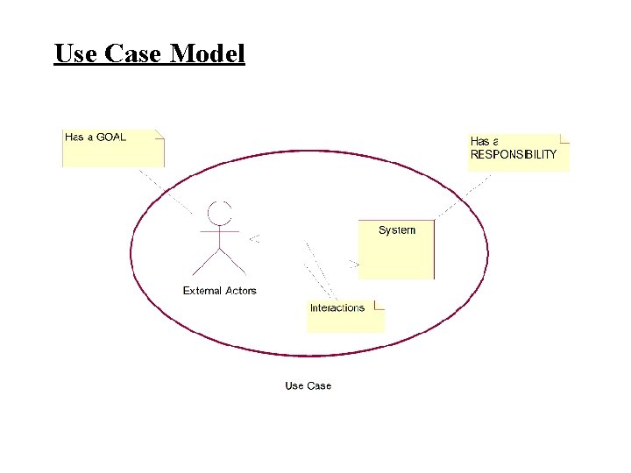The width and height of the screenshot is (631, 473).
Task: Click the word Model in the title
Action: tap(208, 54)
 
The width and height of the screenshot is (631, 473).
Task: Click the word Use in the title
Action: tap(76, 54)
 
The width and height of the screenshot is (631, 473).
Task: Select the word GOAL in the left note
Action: tap(111, 137)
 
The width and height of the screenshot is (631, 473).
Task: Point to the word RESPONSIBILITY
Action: tap(514, 154)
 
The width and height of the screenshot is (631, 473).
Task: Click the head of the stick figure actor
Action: tap(219, 212)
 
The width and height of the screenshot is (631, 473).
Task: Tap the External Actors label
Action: tap(219, 291)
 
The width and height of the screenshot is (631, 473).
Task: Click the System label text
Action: tap(397, 230)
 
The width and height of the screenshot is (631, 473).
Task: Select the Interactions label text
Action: tap(337, 307)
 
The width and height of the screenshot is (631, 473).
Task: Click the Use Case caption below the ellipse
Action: tap(308, 385)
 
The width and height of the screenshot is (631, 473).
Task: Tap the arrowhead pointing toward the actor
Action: tap(253, 237)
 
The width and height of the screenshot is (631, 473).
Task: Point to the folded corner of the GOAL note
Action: tap(160, 134)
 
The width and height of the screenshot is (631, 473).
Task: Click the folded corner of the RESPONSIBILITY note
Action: tap(564, 138)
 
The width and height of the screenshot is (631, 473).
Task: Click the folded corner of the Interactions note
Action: tap(379, 305)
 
